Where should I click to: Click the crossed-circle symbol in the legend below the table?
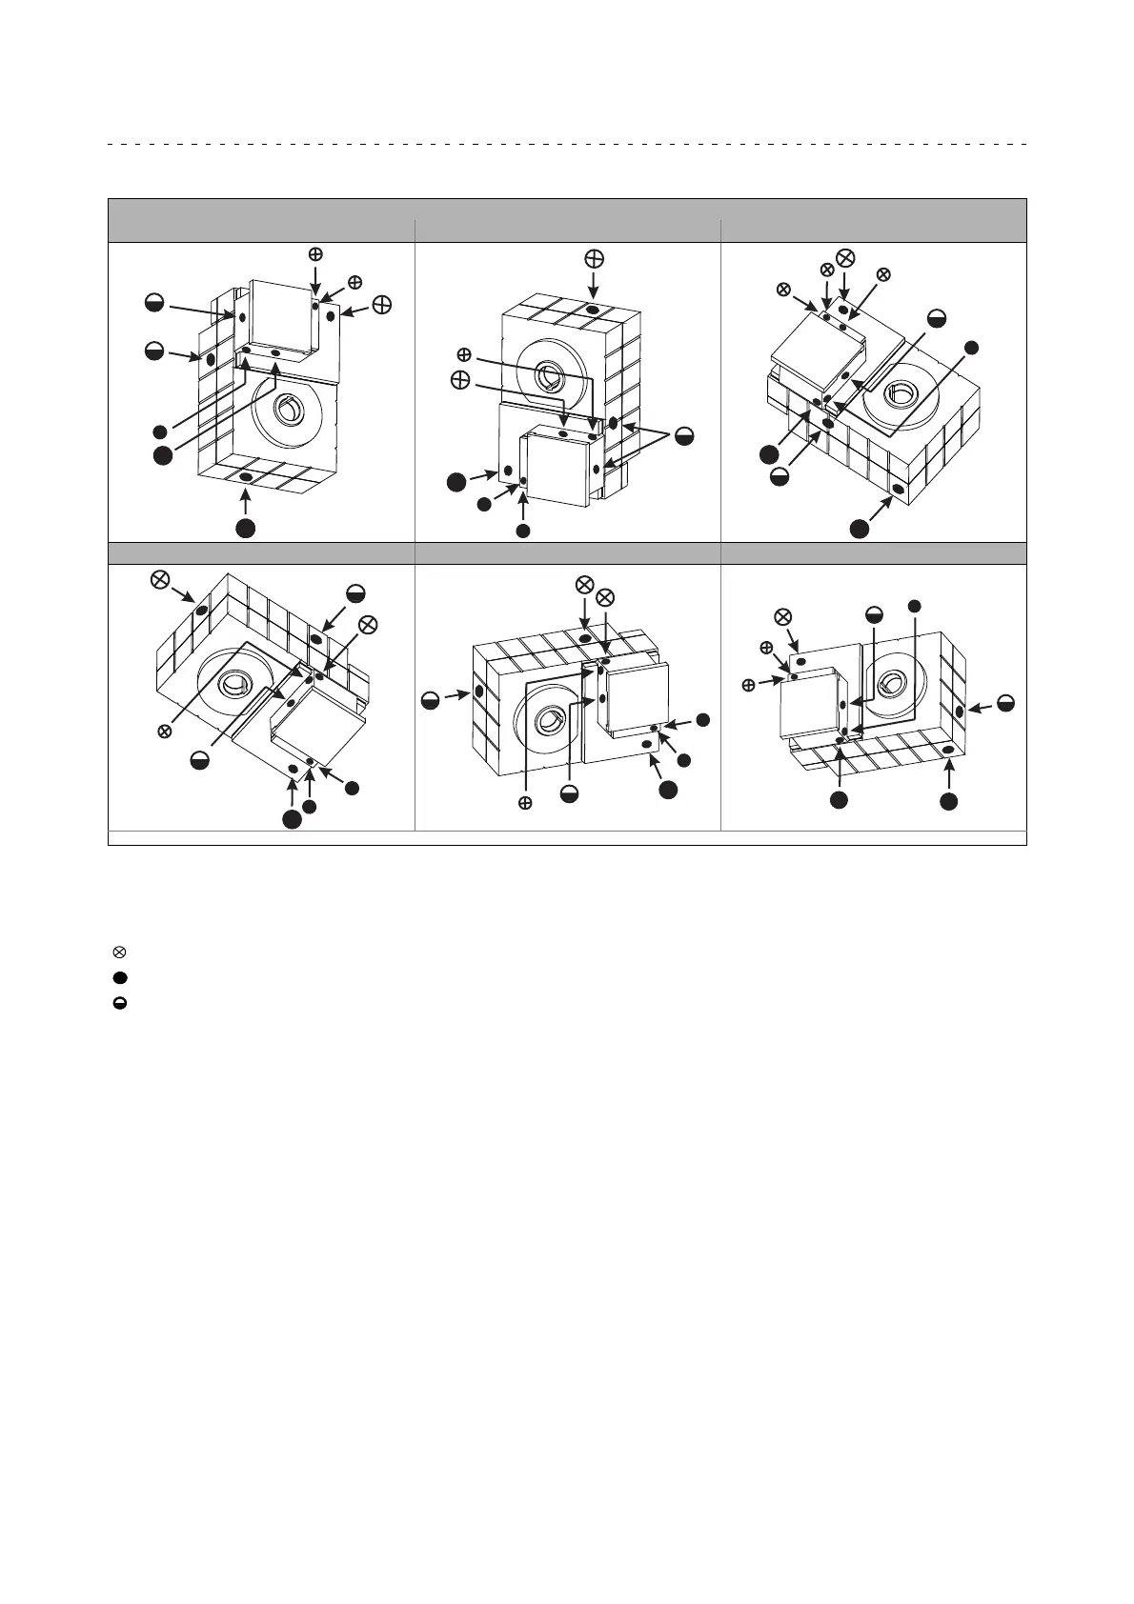120,952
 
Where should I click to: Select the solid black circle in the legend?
120,977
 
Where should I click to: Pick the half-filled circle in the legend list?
120,1003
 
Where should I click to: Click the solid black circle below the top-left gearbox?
246,528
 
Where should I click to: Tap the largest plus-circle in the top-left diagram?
381,305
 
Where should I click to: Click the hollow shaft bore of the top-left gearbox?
288,411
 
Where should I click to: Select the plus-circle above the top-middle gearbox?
593,258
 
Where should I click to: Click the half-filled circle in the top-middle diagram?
683,436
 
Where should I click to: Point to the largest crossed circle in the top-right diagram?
844,258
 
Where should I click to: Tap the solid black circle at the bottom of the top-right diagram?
860,529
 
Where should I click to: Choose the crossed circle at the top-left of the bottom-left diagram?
161,581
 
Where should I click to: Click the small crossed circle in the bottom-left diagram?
164,732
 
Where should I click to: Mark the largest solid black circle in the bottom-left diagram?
292,820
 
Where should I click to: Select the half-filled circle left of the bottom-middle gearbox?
432,701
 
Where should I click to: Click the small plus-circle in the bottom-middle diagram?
524,804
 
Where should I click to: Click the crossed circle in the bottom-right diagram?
783,616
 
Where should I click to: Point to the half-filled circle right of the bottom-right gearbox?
1005,704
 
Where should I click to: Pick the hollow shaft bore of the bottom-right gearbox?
896,681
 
